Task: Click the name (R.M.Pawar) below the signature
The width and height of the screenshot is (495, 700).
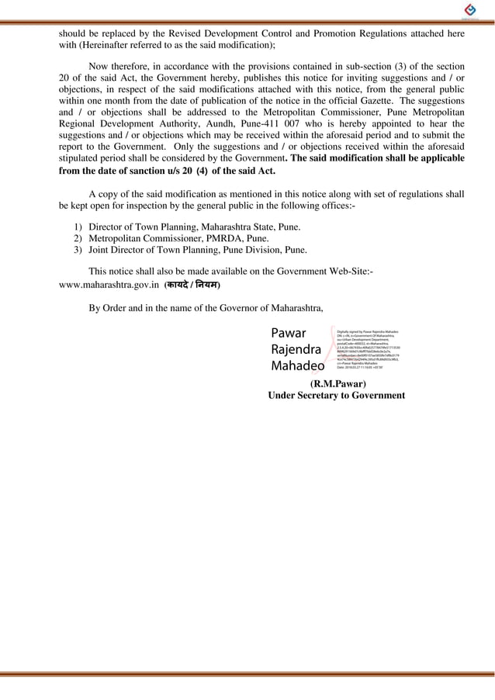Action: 337,383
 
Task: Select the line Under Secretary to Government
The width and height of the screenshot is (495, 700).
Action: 336,395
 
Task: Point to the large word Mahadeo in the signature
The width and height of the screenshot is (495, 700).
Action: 298,365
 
